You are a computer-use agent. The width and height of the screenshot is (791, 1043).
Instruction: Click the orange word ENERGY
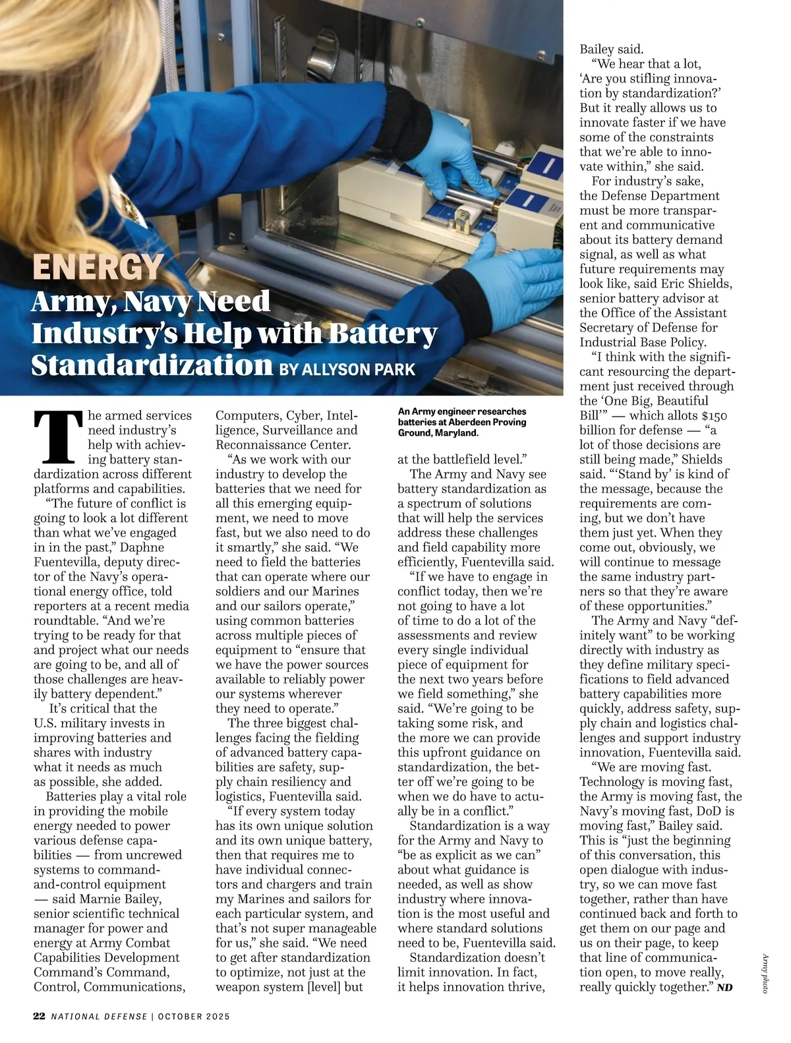pos(98,267)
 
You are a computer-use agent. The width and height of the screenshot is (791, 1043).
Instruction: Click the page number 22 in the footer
pos(40,1016)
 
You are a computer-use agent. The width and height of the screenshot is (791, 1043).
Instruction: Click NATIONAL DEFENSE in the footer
pos(100,1016)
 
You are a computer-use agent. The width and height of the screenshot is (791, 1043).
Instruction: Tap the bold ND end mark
pos(724,988)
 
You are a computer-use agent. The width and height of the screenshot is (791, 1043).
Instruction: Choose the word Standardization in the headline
pos(152,365)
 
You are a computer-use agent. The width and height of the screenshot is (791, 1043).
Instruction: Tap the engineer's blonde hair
pos(40,99)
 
